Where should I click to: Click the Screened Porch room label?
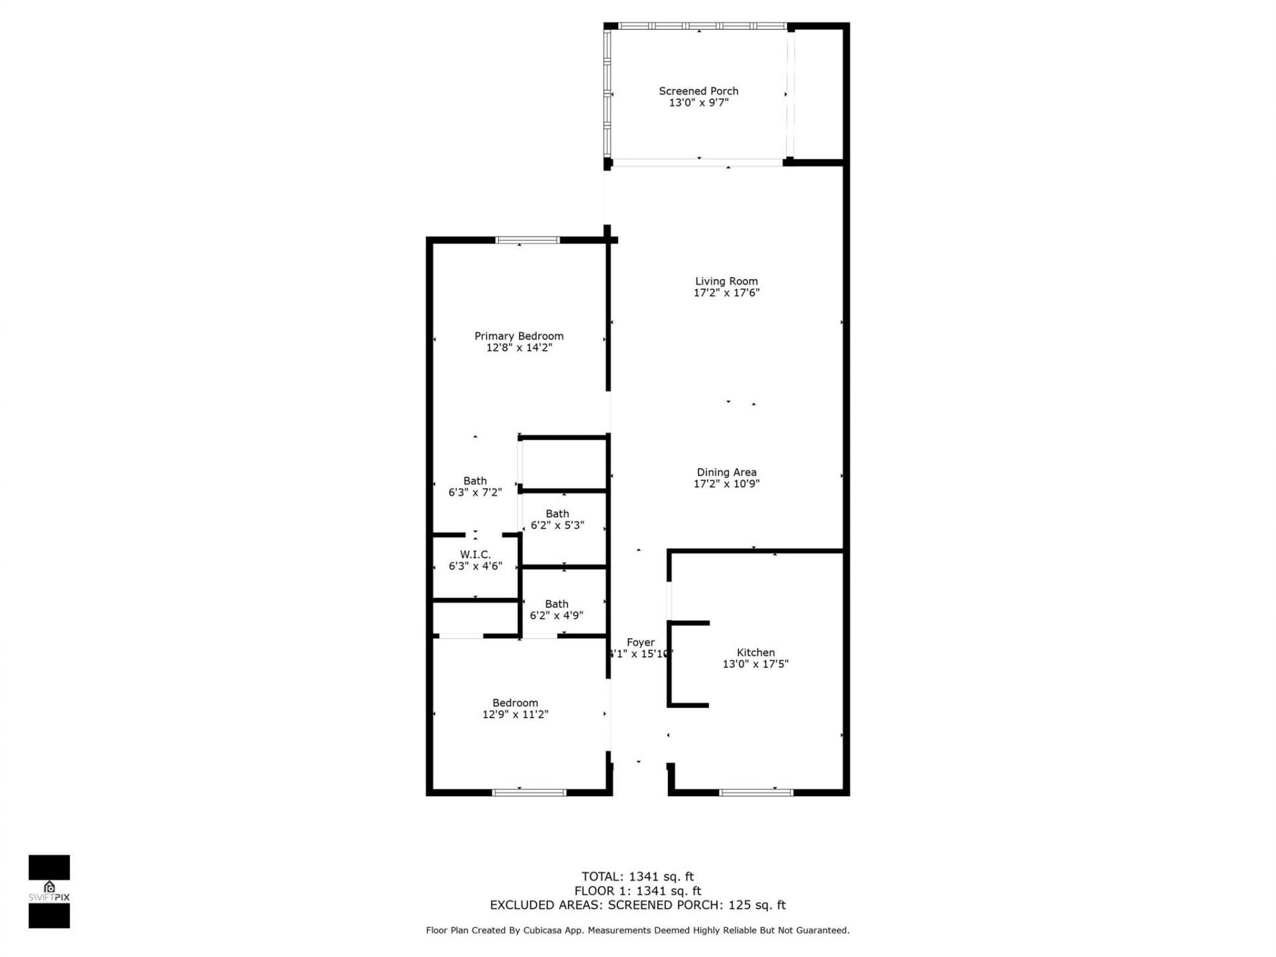click(x=698, y=91)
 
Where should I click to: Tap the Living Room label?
click(x=726, y=281)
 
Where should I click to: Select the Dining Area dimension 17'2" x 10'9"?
click(x=726, y=484)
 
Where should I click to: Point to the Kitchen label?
click(x=756, y=653)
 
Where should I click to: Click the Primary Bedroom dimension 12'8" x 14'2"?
click(x=519, y=348)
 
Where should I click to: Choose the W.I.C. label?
click(x=475, y=554)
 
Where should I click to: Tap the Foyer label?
click(x=641, y=642)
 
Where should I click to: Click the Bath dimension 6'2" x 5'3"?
click(x=558, y=525)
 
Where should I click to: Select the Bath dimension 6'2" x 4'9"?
click(x=557, y=615)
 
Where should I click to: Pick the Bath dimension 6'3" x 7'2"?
click(x=475, y=492)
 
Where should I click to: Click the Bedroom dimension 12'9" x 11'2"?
click(x=515, y=714)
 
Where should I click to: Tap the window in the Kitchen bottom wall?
click(x=756, y=792)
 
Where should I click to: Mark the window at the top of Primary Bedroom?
click(x=528, y=240)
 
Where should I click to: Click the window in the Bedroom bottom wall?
click(x=529, y=792)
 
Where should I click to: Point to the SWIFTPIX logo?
click(x=49, y=891)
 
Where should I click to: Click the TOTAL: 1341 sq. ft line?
click(x=637, y=877)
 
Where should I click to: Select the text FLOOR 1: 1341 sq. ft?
click(x=637, y=891)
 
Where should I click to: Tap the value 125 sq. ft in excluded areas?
click(x=757, y=905)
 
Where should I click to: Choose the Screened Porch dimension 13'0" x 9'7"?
click(x=698, y=102)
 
